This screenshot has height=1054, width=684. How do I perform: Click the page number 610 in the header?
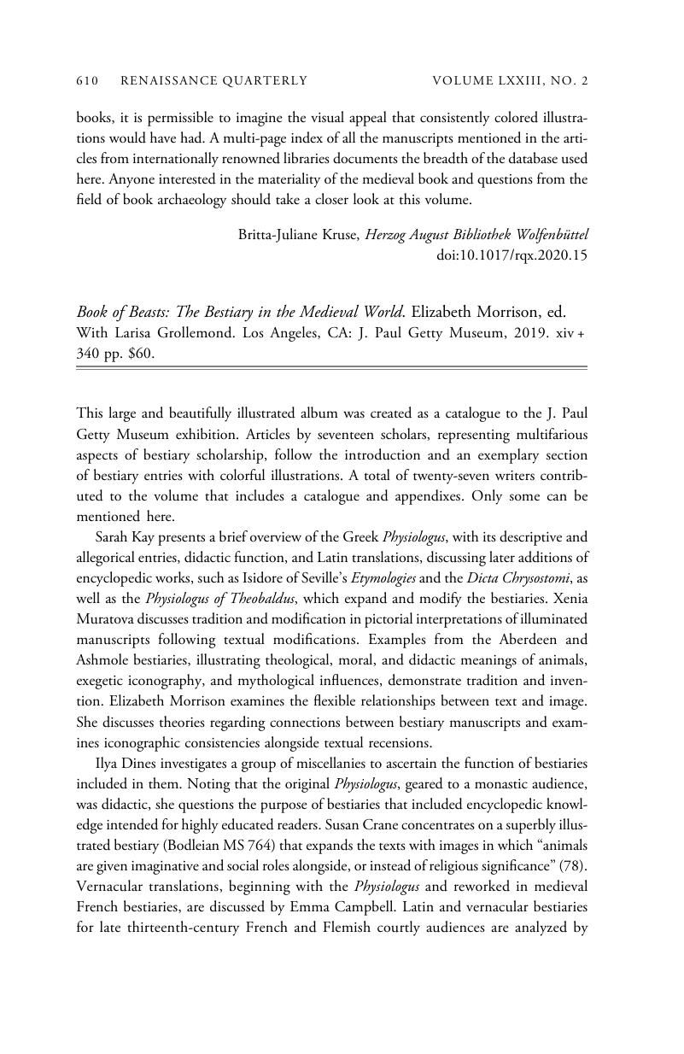[x=88, y=81]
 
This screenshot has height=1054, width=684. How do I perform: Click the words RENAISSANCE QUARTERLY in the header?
[x=214, y=81]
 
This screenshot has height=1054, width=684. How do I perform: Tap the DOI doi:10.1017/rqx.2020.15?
[x=512, y=255]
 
